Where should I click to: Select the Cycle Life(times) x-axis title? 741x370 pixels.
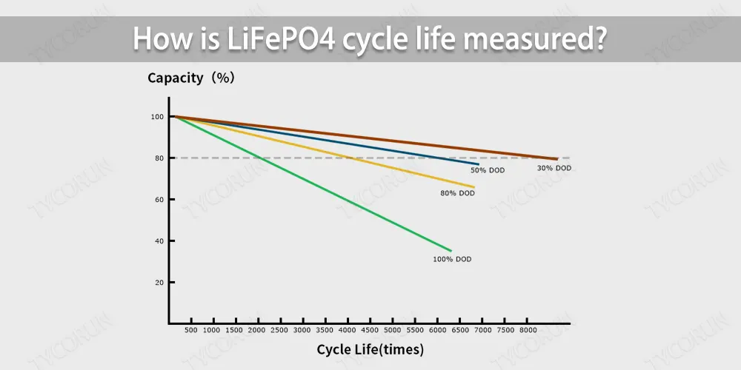370,349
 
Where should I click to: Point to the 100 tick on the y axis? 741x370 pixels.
156,117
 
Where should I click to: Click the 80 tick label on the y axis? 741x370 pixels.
158,158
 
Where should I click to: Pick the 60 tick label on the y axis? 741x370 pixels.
158,200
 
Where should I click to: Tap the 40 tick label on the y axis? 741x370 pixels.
158,241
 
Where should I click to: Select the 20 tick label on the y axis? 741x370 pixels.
158,283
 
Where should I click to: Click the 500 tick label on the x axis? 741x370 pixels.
190,329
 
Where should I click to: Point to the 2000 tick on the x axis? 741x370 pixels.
256,329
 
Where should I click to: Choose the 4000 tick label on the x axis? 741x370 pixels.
347,329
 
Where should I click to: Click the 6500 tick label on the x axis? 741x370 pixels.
460,329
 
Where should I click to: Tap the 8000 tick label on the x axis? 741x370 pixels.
528,329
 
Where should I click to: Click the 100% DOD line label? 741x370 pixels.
452,260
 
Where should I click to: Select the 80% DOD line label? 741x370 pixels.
457,193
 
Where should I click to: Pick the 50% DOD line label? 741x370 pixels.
488,170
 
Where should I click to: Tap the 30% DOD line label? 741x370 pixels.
554,168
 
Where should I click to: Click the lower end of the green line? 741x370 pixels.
451,250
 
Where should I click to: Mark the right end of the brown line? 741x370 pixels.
557,158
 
